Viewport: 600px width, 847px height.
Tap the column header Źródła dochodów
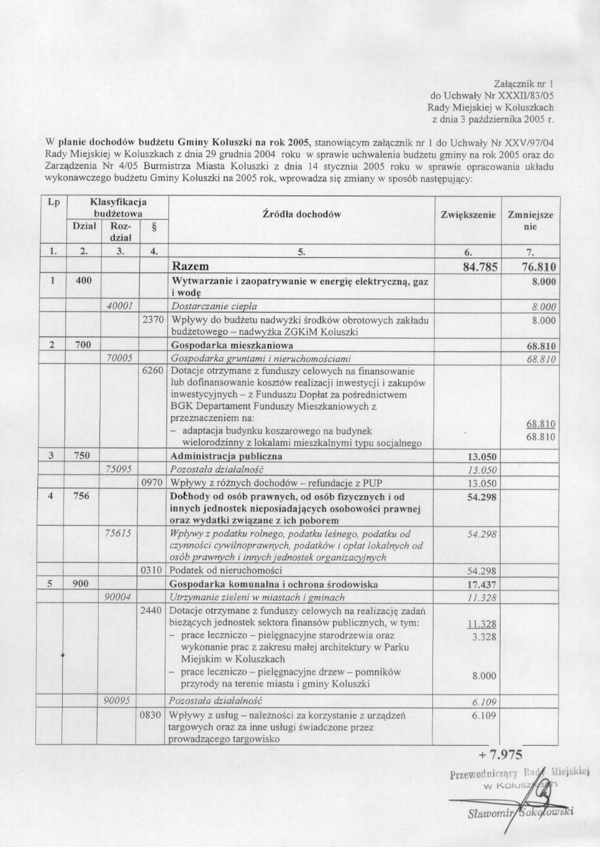pos(302,214)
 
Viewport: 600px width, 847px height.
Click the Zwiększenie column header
pos(468,215)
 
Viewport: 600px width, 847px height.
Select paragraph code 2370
pos(153,320)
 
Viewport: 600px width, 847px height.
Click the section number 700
pos(83,345)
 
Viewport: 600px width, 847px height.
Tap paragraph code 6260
pos(153,371)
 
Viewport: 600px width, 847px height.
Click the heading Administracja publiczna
pos(226,456)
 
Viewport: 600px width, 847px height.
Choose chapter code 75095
pos(120,469)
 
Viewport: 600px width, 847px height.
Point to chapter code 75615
pos(120,533)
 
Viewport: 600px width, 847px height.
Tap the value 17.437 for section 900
pos(482,584)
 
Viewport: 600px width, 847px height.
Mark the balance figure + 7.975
pos(501,755)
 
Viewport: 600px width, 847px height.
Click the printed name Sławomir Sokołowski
pos(520,813)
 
